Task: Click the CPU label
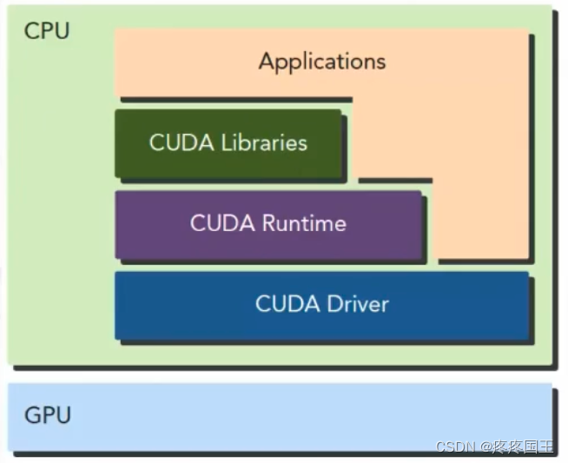tap(47, 31)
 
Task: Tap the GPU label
tap(47, 416)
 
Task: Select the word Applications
tap(321, 62)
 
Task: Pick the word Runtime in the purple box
tap(305, 223)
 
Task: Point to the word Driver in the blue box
tap(358, 304)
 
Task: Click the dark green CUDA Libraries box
tap(228, 165)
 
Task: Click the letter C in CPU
tap(32, 31)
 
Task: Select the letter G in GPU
tap(32, 416)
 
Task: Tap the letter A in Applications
tap(267, 62)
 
